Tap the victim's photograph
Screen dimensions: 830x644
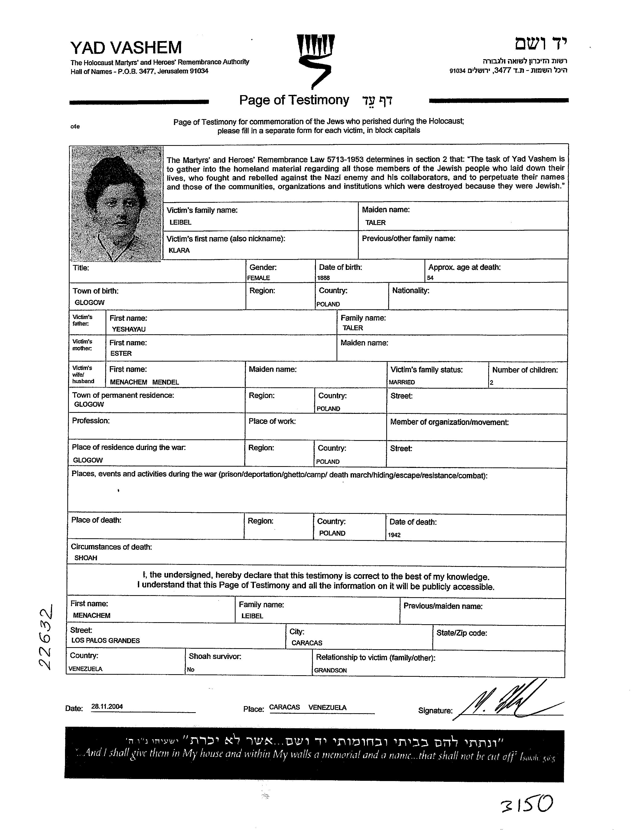click(x=116, y=204)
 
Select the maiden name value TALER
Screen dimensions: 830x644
click(x=375, y=223)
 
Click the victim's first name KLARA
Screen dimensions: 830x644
click(x=179, y=250)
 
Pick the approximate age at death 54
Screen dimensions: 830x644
click(x=430, y=278)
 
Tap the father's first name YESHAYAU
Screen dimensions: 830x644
click(x=128, y=329)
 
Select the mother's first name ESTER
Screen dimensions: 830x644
click(x=121, y=353)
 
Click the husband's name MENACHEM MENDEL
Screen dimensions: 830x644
click(x=144, y=382)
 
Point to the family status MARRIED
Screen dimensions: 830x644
click(x=402, y=382)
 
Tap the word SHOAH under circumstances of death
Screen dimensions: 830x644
click(x=86, y=558)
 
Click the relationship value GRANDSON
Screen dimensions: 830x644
click(x=330, y=670)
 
